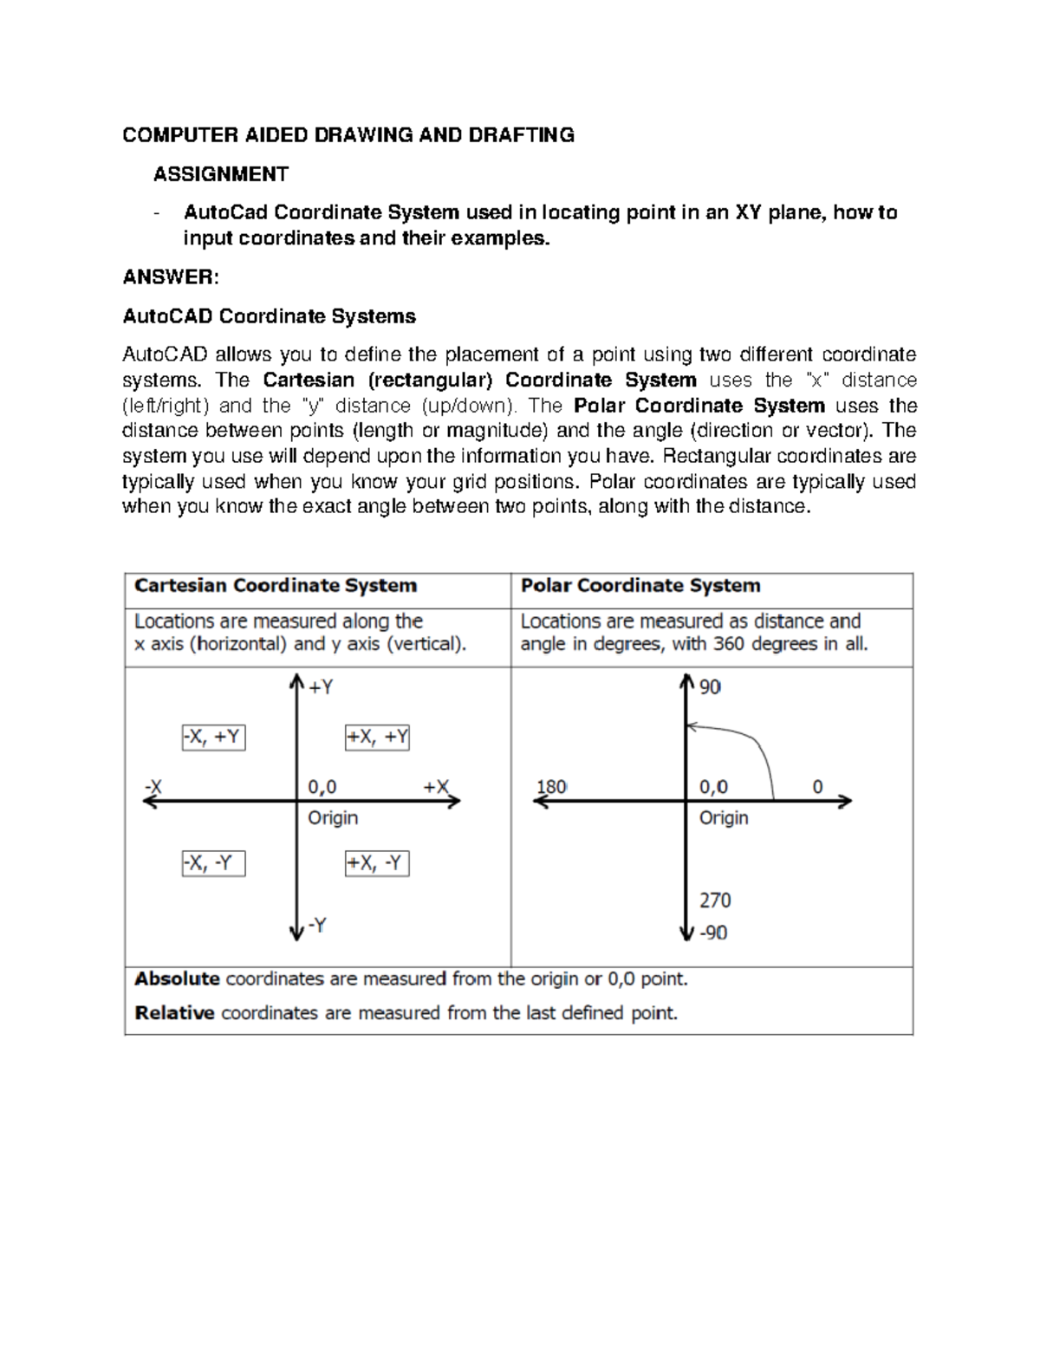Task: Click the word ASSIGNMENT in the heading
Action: [x=220, y=174]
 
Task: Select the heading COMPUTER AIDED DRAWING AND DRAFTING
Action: [x=348, y=135]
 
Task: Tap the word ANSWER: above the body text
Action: [x=171, y=277]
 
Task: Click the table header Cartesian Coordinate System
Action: [x=276, y=586]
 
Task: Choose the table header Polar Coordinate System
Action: [x=640, y=586]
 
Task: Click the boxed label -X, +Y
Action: [x=213, y=738]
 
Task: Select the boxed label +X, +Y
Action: [x=377, y=738]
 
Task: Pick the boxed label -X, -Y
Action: [x=213, y=863]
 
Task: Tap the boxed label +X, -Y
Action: [x=377, y=863]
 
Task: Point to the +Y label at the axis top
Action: [x=321, y=687]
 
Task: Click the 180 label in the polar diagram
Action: [x=552, y=787]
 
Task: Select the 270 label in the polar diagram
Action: [x=715, y=901]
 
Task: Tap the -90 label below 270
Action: [x=713, y=933]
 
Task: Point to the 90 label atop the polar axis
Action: [x=711, y=687]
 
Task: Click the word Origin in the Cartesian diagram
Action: [x=333, y=818]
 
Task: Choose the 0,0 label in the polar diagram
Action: [x=713, y=787]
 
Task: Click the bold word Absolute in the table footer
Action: [x=178, y=979]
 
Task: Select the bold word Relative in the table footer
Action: [x=175, y=1013]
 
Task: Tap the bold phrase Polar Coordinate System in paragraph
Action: [x=699, y=406]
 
